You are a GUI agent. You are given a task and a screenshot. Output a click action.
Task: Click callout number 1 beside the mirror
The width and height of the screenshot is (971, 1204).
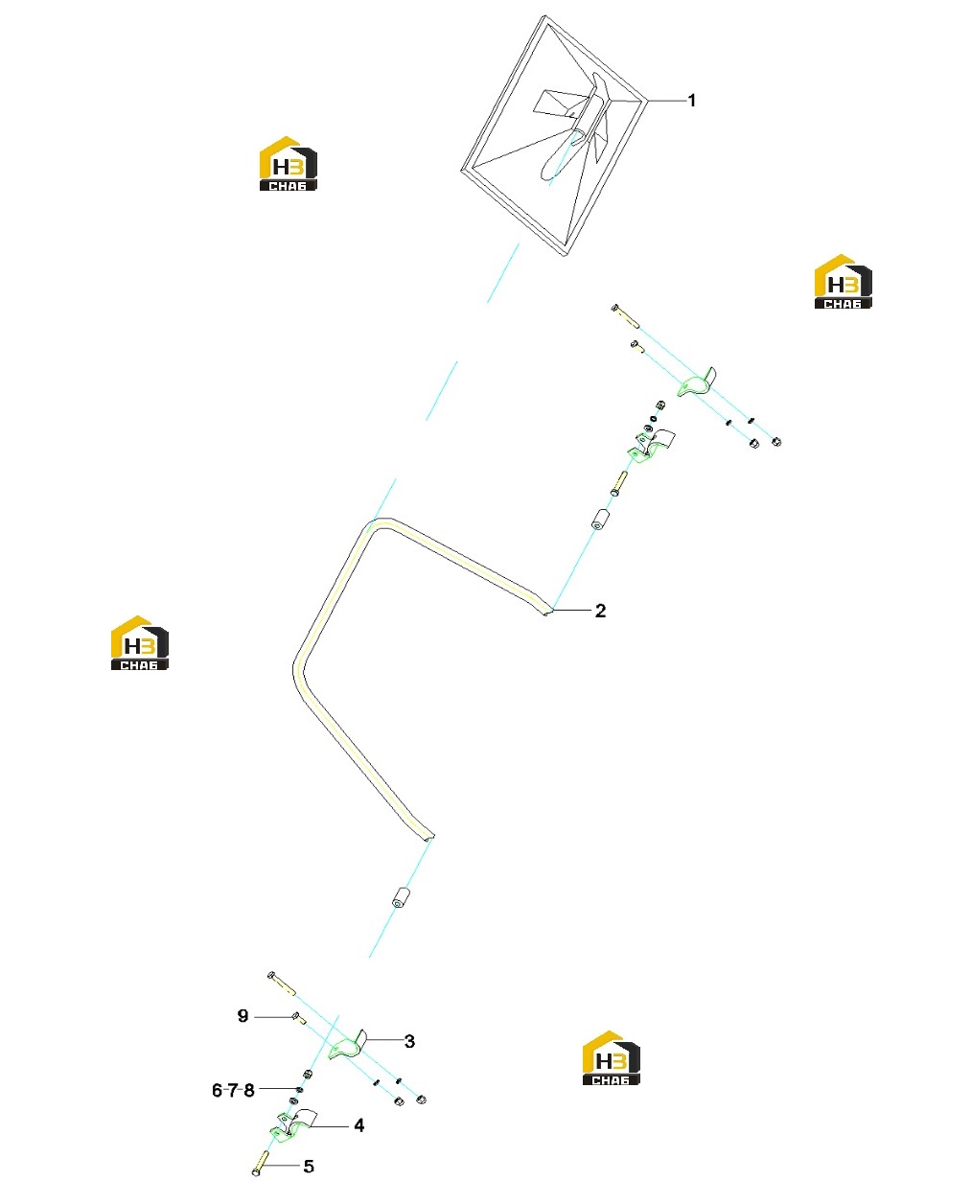[692, 101]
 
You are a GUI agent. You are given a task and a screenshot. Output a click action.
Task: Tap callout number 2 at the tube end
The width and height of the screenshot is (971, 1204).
[600, 611]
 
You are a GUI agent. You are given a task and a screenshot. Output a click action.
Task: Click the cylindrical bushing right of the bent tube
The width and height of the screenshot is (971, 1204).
[600, 520]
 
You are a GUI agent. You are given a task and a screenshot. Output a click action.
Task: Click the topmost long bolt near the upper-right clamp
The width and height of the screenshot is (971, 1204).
[625, 316]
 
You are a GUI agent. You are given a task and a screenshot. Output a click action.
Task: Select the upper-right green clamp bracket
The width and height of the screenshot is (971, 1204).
[696, 383]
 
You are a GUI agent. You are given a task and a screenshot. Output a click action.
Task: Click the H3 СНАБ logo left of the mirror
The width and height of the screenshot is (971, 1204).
[289, 163]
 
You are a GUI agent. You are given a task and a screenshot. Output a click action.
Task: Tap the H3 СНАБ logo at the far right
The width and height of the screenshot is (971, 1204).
[843, 282]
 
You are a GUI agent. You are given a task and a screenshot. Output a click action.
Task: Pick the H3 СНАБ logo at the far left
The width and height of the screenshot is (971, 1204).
[139, 643]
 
